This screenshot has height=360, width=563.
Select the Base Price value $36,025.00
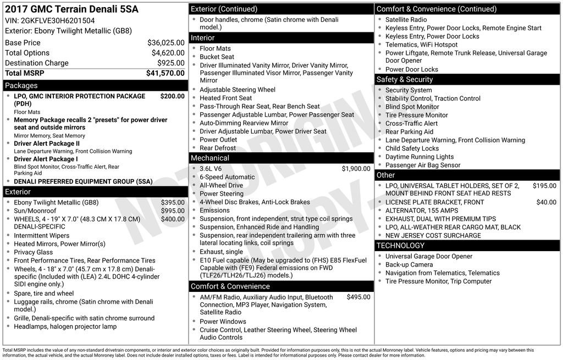(165, 42)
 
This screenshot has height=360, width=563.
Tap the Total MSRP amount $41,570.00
(165, 73)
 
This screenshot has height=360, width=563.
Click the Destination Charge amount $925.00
(170, 63)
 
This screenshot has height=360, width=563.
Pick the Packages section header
(21, 85)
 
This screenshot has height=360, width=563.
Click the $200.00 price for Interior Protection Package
(172, 96)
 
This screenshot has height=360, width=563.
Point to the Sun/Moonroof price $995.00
(173, 211)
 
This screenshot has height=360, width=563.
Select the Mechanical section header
(209, 158)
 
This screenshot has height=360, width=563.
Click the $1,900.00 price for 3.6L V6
(356, 169)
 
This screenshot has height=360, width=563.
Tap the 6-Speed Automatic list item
(227, 177)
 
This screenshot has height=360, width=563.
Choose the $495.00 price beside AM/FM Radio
(358, 297)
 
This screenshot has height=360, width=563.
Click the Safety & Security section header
(404, 79)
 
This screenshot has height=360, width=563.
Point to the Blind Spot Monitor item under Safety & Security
(412, 107)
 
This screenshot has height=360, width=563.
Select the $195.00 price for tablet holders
(544, 186)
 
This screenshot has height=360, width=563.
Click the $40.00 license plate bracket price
(546, 202)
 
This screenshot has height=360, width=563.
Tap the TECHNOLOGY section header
(400, 245)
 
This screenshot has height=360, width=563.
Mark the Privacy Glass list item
(34, 252)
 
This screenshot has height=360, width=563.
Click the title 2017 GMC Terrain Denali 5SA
(71, 9)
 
